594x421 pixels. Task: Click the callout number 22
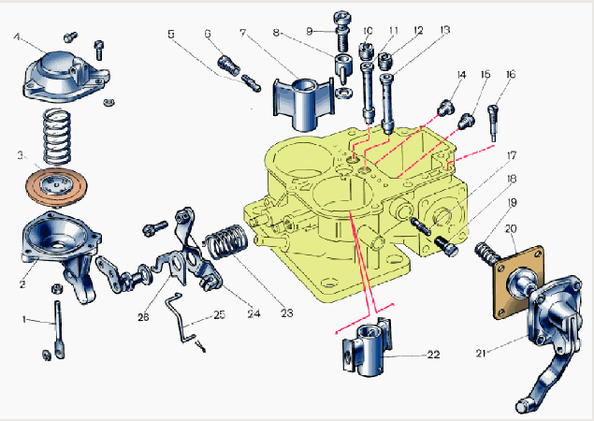(x=433, y=355)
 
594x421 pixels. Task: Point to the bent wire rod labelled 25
(x=180, y=317)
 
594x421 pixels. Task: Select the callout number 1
(x=24, y=320)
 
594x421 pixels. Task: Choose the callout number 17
(x=512, y=154)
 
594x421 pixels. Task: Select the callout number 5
(x=171, y=35)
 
